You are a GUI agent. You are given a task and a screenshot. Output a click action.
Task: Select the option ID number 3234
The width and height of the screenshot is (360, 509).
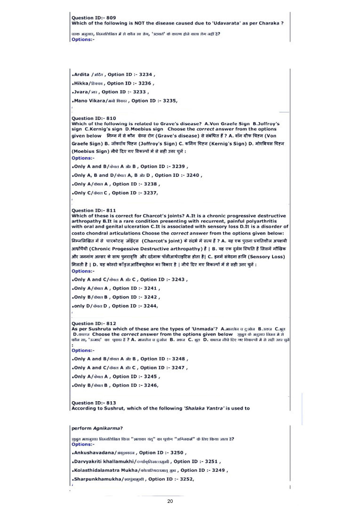click(x=146, y=74)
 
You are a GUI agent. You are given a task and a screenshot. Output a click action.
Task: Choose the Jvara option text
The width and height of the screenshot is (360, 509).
click(x=80, y=92)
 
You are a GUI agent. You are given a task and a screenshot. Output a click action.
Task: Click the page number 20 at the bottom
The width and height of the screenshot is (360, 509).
click(x=170, y=501)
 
